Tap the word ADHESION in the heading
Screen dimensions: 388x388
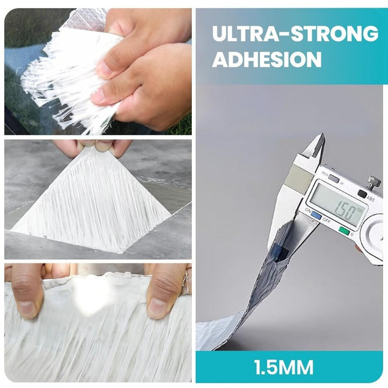[x=267, y=59]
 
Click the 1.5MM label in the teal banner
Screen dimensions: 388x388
[x=283, y=367]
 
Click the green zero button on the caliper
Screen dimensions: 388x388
[x=344, y=231]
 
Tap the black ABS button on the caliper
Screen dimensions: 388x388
[x=363, y=193]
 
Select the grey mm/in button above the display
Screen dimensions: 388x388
[x=334, y=179]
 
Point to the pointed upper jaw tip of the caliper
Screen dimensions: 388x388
[x=322, y=134]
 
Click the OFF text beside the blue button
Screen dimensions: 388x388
[x=327, y=221]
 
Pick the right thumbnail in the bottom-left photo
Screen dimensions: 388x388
[x=156, y=308]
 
